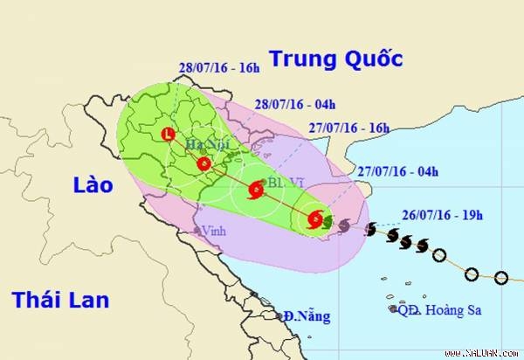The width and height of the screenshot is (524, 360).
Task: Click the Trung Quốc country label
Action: tap(335, 59)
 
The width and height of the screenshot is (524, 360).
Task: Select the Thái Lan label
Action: tap(60, 300)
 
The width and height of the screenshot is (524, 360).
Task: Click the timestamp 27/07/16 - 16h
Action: tap(348, 127)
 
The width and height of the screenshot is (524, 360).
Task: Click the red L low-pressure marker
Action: tap(168, 134)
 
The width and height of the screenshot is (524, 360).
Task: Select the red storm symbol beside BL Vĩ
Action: tap(257, 188)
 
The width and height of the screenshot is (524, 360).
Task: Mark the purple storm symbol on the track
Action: tap(344, 225)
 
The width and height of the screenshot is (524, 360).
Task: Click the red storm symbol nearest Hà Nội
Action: tap(203, 163)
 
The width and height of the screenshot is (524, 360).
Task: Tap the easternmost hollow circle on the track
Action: tap(500, 278)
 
